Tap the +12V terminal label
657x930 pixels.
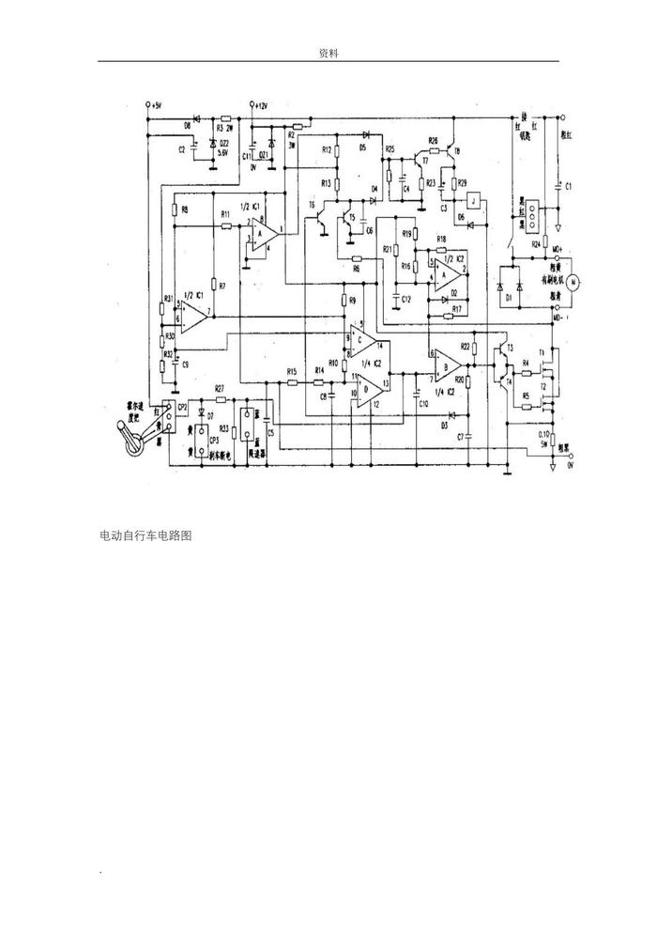[x=258, y=105]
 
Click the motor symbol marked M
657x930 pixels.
[x=576, y=279]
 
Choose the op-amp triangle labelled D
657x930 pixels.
[x=369, y=386]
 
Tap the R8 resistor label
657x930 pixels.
[x=185, y=209]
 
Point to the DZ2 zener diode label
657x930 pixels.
[x=223, y=144]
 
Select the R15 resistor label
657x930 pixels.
[x=292, y=372]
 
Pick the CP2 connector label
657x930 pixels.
[x=183, y=406]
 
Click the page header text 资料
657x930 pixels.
[x=328, y=54]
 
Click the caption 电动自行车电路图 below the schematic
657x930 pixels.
[x=145, y=535]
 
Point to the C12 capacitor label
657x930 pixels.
[x=405, y=299]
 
